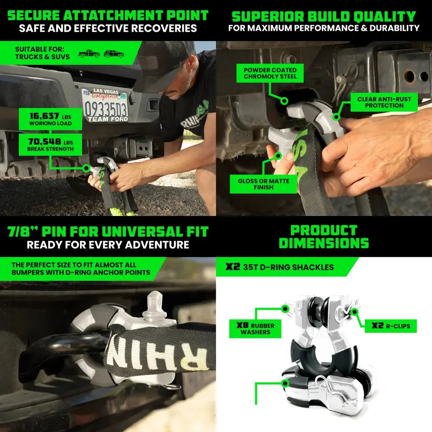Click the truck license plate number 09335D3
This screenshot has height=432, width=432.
(x=106, y=109)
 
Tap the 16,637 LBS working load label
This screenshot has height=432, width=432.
(x=50, y=119)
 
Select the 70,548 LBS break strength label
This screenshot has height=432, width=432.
(x=50, y=145)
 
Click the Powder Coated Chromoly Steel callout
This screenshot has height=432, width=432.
(x=270, y=73)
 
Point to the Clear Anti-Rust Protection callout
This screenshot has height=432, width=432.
(x=384, y=102)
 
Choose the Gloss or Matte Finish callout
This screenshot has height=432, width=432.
(x=264, y=184)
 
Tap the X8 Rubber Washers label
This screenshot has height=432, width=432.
(x=255, y=329)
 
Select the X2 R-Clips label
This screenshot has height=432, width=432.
(x=390, y=326)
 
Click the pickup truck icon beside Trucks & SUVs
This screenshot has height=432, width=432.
(x=89, y=53)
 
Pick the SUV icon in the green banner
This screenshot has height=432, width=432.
(x=114, y=53)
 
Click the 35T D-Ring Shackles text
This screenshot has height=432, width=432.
(x=288, y=267)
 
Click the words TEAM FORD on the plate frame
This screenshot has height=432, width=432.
(x=107, y=119)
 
